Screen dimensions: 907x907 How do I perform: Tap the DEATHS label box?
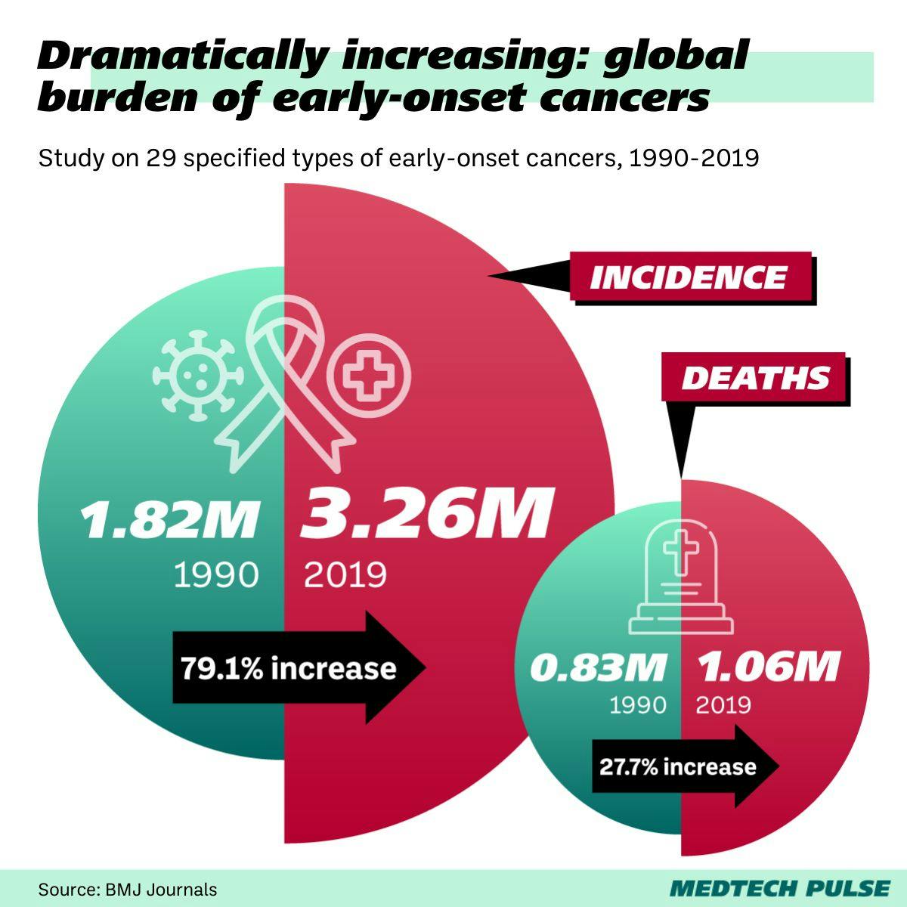(x=754, y=378)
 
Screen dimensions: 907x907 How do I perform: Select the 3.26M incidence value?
(x=426, y=515)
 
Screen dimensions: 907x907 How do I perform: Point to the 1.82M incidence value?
(x=170, y=520)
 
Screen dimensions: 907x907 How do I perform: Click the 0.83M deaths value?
(x=598, y=667)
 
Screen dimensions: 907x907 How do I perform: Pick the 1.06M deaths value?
(x=767, y=667)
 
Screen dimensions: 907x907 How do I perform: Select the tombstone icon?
(x=681, y=582)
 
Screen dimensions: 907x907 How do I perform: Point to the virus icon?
(x=197, y=374)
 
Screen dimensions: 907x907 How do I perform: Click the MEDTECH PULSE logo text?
(x=779, y=887)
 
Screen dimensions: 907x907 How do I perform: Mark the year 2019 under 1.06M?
(x=723, y=705)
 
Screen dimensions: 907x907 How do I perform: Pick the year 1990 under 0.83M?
(x=638, y=705)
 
